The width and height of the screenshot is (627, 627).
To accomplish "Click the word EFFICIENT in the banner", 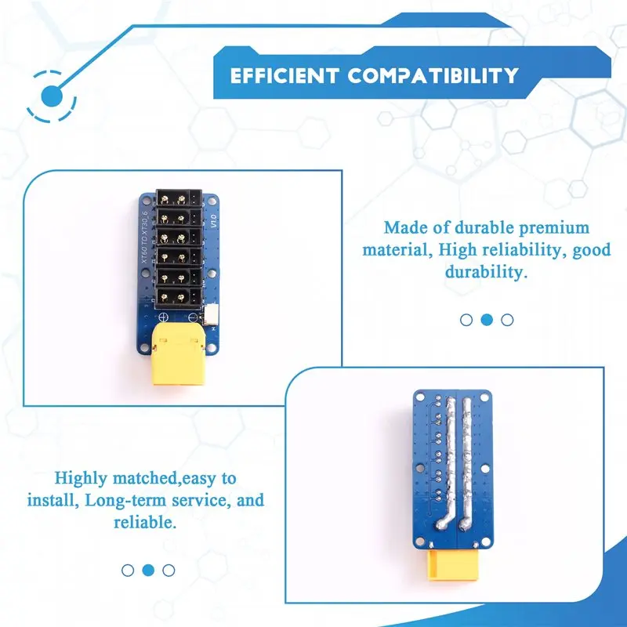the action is click(x=285, y=75).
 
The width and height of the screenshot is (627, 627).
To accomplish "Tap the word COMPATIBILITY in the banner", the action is click(x=433, y=75).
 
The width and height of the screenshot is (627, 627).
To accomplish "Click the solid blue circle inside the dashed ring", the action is click(x=52, y=96).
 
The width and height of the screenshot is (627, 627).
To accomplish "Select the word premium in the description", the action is click(x=554, y=227).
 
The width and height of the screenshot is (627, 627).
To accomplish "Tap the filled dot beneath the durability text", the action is click(x=487, y=320).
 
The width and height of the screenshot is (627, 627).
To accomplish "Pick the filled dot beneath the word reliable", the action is click(x=148, y=571).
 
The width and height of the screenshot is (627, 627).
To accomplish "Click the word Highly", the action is click(x=82, y=478).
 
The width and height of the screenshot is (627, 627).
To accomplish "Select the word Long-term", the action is click(x=126, y=500).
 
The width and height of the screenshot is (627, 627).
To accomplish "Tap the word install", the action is click(x=50, y=500).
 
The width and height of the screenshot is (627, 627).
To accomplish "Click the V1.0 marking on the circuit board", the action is click(x=213, y=221).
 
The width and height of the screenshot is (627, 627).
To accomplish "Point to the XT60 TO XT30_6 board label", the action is click(x=145, y=237).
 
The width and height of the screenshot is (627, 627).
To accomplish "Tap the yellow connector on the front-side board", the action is click(x=179, y=354).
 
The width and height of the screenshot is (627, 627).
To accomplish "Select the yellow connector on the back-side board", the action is click(x=453, y=565).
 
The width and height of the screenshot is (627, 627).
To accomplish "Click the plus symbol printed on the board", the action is click(x=163, y=317).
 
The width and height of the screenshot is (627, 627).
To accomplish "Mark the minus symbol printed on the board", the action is click(x=193, y=317).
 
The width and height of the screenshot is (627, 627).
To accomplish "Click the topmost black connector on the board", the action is click(x=179, y=198).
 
